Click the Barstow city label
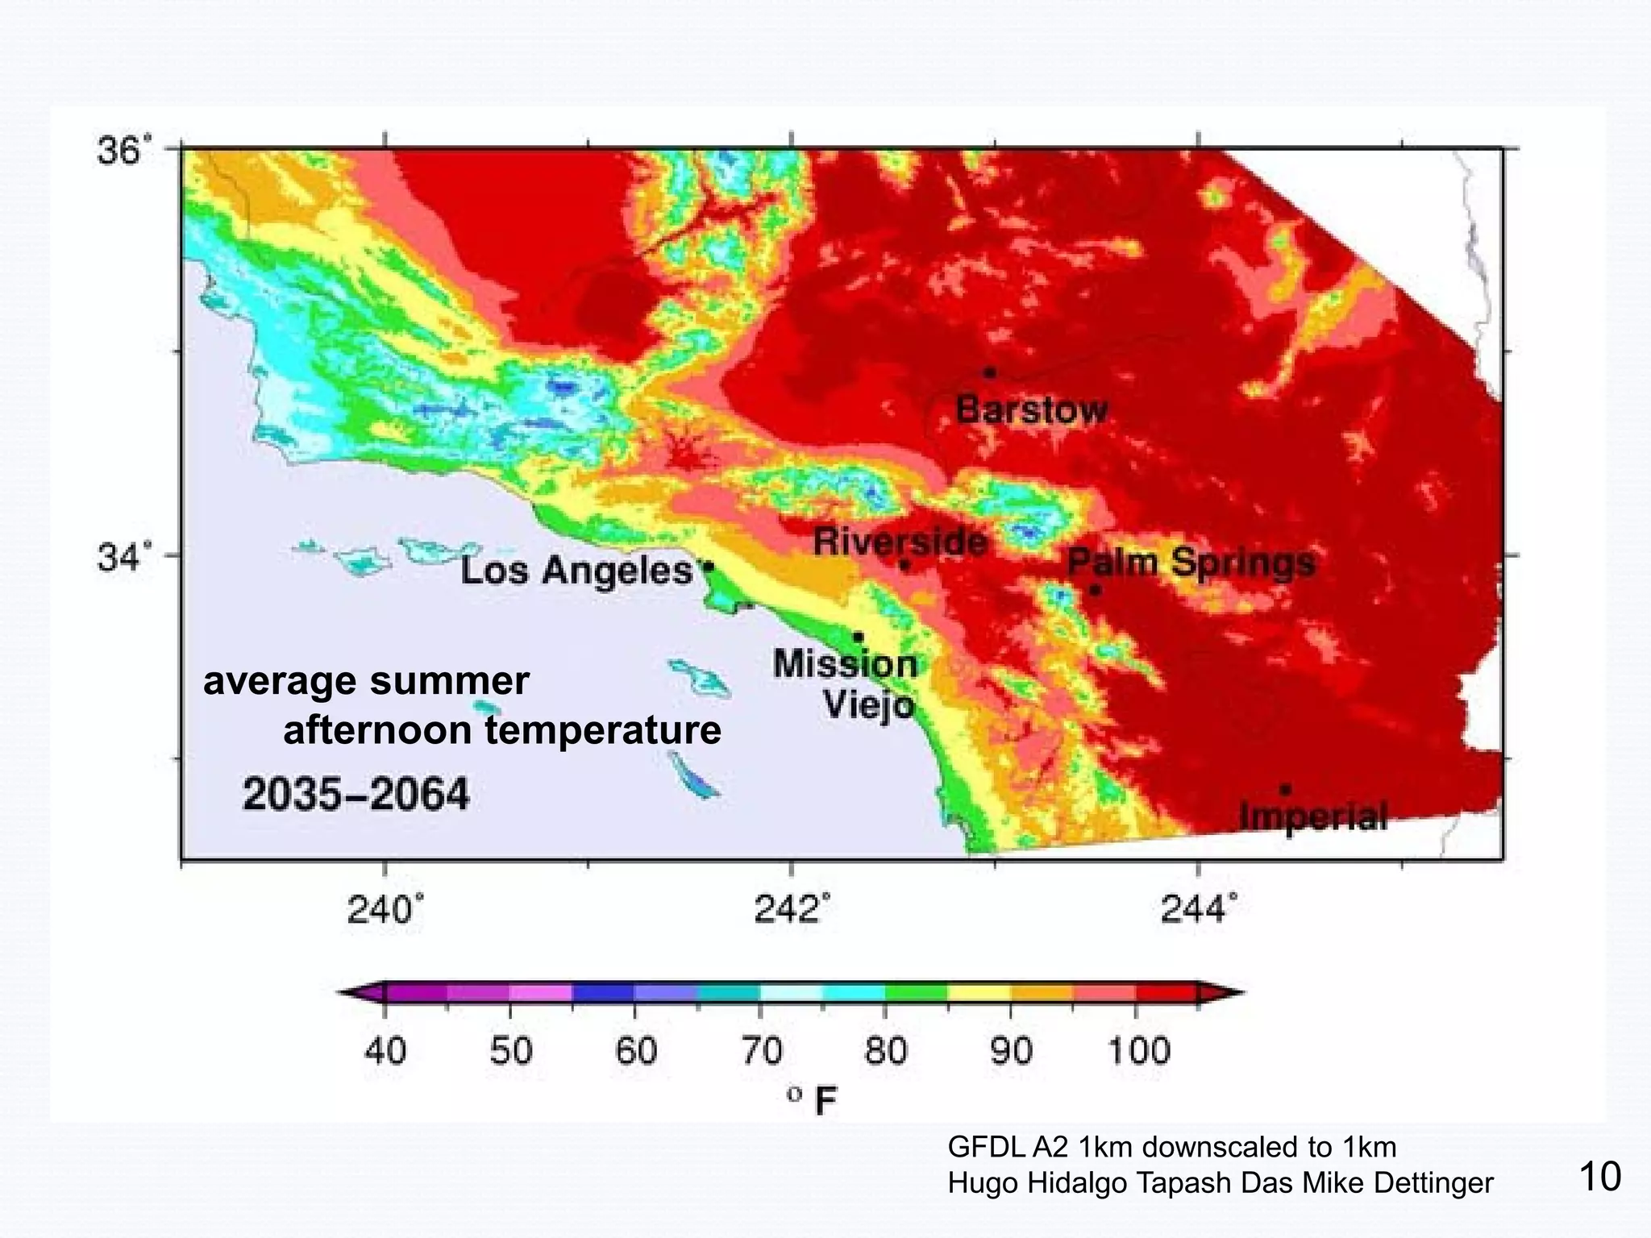pos(1031,409)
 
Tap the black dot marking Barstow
pos(990,372)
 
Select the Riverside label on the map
pos(900,541)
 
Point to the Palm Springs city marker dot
pos(1095,590)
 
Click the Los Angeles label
pos(576,571)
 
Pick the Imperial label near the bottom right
pos(1313,816)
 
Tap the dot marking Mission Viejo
pos(859,638)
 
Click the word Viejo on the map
pos(869,706)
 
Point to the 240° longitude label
pos(385,911)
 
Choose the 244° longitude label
pos(1198,911)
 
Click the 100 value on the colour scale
pos(1138,1052)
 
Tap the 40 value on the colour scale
pos(385,1052)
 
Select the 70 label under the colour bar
pos(761,1052)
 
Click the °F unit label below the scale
pos(814,1100)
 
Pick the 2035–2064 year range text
pos(356,795)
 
